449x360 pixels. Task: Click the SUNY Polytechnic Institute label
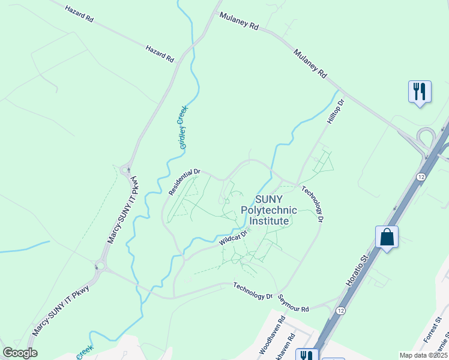click(x=269, y=210)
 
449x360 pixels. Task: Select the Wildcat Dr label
click(x=233, y=238)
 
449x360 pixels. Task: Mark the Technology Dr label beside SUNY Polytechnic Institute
click(x=312, y=204)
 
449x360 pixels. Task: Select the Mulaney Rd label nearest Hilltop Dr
click(x=310, y=64)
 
